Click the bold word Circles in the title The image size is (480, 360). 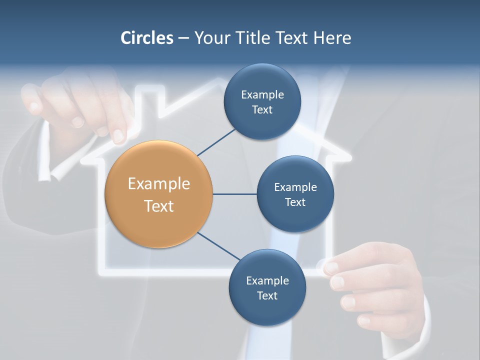pos(147,38)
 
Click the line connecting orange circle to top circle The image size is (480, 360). pos(217,142)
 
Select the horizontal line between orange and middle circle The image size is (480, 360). pos(234,194)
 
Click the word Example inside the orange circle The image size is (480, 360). pos(159,184)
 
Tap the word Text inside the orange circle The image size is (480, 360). pos(159,206)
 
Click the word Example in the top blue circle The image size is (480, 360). pos(262,94)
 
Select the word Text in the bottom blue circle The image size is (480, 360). pos(267,295)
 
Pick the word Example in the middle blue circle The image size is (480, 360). pos(295,187)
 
